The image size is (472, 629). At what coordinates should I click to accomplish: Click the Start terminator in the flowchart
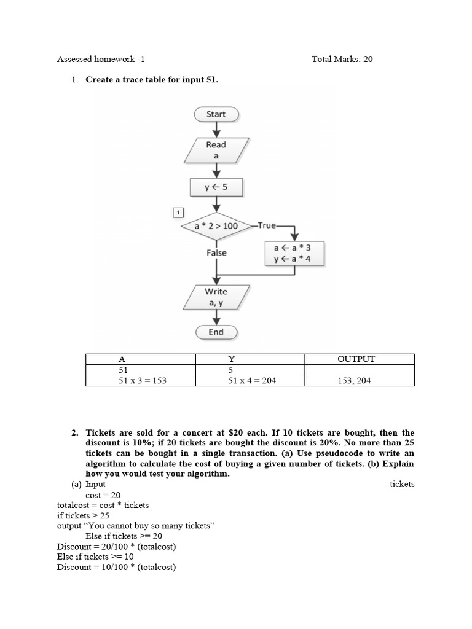coord(216,114)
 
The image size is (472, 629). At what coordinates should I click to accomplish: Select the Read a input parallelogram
coord(216,150)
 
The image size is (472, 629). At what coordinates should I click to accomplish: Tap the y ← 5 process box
coord(216,187)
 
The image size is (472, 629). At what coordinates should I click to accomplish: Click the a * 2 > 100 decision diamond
coord(216,226)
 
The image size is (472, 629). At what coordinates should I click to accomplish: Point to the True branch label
coord(267,225)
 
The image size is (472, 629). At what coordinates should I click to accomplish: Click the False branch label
coord(216,252)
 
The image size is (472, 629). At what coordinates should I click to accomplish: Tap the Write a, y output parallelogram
coord(216,297)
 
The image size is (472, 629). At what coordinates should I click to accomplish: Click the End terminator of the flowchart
coord(216,332)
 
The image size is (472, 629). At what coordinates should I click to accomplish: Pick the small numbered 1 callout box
coord(178,213)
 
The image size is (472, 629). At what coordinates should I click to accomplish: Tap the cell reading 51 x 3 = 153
coord(141,381)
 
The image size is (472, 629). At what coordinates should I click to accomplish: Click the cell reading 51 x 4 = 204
coord(252,381)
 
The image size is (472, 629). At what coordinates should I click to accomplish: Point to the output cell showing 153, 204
coord(355,381)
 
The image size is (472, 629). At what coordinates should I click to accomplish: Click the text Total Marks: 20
coord(342,60)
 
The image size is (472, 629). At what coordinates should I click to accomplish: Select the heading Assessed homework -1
coord(101,60)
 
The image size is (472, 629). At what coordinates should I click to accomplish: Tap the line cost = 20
coord(103,495)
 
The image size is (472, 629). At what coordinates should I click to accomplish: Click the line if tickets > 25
coord(83,515)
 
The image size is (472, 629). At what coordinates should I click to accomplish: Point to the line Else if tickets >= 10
coord(95,557)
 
